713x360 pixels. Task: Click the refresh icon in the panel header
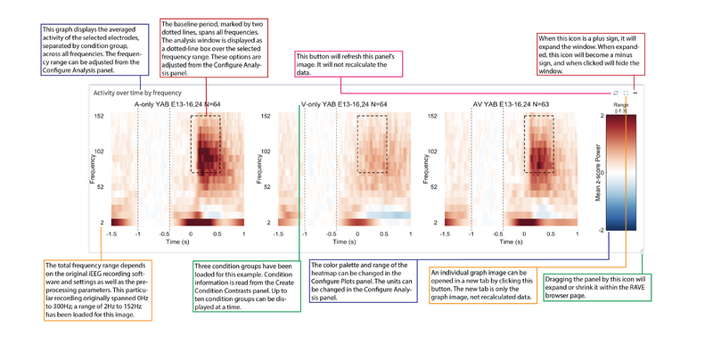click(x=614, y=92)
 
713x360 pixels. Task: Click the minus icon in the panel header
click(x=637, y=92)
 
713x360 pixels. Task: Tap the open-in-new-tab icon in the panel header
click(x=626, y=92)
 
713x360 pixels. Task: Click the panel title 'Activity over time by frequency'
click(x=131, y=92)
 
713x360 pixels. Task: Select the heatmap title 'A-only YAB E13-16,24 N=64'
click(x=184, y=104)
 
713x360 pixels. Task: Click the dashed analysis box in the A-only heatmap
click(x=207, y=146)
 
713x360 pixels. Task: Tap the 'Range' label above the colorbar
click(x=621, y=104)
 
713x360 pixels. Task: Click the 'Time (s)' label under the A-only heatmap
click(x=177, y=241)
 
